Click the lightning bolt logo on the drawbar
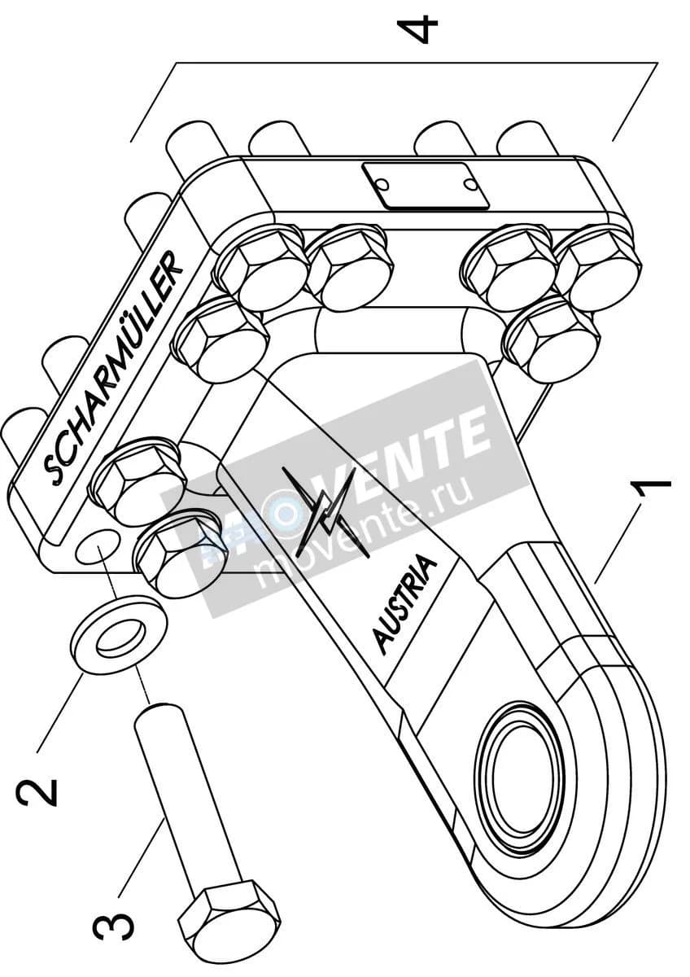click(325, 511)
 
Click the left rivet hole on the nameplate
click(382, 185)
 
